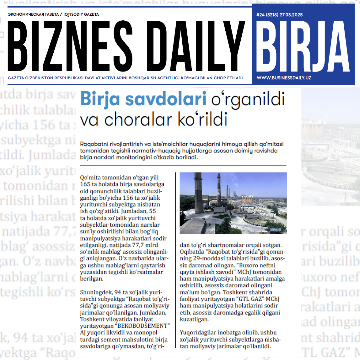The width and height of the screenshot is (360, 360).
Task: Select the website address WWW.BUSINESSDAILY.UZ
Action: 284,78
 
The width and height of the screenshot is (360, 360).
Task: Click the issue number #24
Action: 261,15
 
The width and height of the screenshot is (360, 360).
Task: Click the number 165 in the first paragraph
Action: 85,184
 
